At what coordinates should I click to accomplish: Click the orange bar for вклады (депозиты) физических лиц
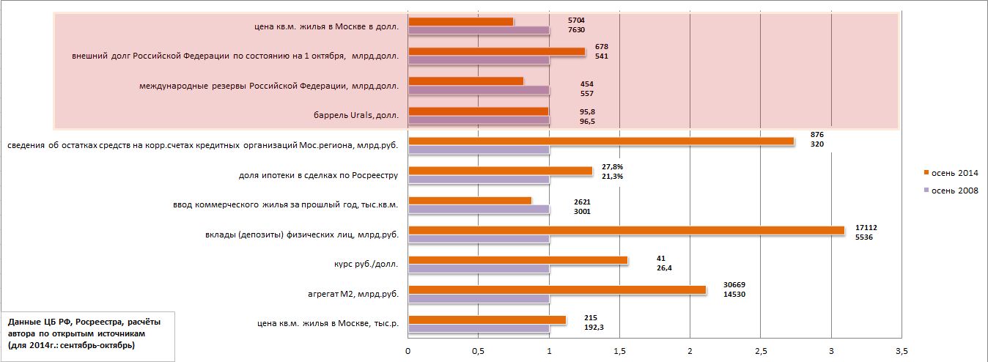[x=626, y=230]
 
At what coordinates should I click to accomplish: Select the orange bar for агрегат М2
[x=556, y=289]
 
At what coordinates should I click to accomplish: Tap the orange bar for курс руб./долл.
[x=517, y=260]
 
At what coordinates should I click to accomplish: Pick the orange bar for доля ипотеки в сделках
[x=500, y=171]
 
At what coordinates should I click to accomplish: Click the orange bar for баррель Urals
[x=478, y=111]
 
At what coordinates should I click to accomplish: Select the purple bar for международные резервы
[x=479, y=90]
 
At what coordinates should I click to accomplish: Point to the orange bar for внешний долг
[x=496, y=51]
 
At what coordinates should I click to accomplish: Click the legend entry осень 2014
[x=951, y=173]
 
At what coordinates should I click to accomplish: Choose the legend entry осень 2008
[x=951, y=191]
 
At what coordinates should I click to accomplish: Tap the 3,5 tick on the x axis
[x=901, y=350]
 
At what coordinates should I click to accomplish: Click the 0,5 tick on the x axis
[x=478, y=350]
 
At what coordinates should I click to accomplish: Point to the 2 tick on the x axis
[x=690, y=350]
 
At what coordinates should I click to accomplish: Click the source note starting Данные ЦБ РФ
[x=85, y=333]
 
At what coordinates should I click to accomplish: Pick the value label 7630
[x=576, y=30]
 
